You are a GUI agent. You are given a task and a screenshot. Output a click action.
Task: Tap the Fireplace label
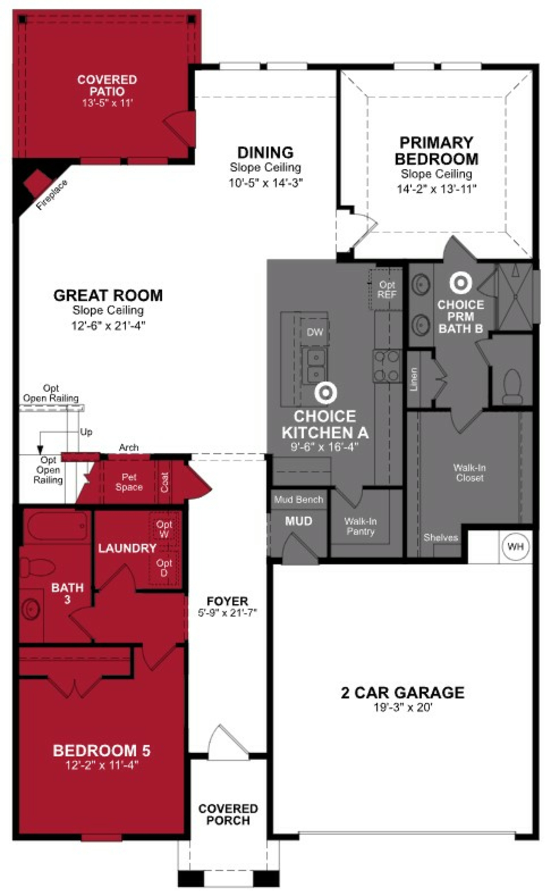52,195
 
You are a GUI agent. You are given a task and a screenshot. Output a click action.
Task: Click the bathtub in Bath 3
57,527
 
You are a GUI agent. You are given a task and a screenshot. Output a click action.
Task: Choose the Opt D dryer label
164,568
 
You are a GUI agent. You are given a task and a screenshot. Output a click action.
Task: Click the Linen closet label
414,379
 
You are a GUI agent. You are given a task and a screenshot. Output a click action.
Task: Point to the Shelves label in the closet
441,537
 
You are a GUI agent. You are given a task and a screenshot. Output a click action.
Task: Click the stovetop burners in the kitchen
387,366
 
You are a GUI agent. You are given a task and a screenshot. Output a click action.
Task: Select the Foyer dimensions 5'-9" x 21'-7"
227,613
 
